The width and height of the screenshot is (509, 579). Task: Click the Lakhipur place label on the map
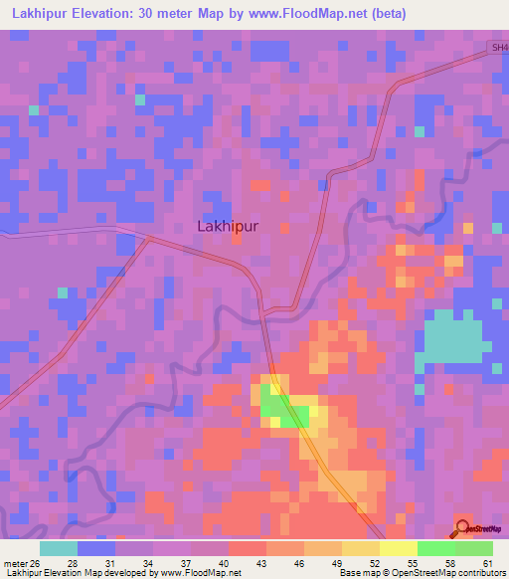[228, 226]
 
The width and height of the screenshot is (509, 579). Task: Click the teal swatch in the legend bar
[59, 548]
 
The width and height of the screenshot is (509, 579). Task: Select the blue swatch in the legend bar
[96, 548]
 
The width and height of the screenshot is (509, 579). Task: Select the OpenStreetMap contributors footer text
[442, 573]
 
